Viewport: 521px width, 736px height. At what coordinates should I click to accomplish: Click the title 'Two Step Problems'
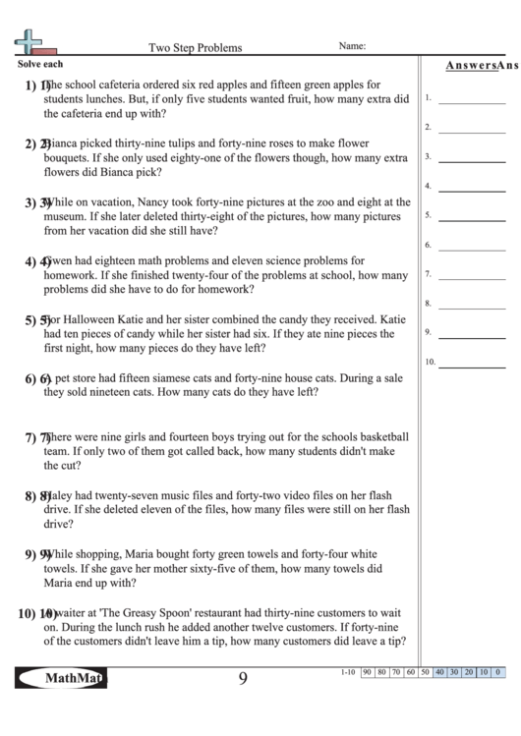point(195,47)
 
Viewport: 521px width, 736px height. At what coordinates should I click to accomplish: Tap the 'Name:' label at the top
point(352,46)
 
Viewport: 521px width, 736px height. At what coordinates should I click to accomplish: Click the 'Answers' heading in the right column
point(468,66)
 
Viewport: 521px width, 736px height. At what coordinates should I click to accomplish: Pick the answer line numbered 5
point(469,218)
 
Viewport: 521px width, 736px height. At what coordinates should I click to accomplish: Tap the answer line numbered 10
point(469,365)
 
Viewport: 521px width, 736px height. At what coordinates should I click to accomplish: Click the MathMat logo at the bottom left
point(62,679)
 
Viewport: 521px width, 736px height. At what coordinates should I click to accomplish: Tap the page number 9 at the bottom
point(242,679)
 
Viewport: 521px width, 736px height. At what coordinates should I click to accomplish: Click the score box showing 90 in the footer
point(366,672)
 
